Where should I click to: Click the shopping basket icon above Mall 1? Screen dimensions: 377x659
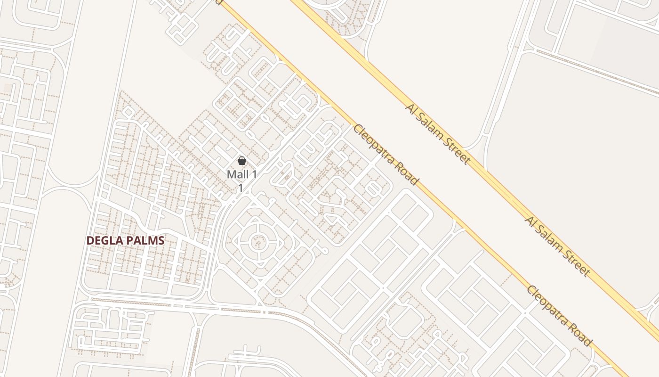pos(242,161)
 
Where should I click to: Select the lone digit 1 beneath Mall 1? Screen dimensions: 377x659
pos(240,188)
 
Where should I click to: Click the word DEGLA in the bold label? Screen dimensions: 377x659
pos(104,240)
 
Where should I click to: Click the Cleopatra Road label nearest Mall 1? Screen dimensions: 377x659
pos(386,155)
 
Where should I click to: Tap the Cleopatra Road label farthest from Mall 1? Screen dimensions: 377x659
pos(559,316)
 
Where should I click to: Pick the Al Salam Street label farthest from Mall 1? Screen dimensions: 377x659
pos(558,246)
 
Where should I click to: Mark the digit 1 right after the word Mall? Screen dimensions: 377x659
pos(255,174)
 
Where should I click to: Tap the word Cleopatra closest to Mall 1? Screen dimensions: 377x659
pos(377,146)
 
